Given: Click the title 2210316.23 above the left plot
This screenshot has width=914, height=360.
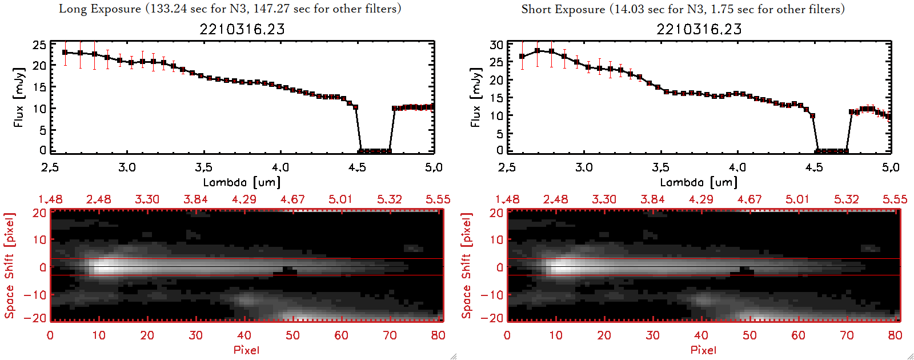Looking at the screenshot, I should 242,29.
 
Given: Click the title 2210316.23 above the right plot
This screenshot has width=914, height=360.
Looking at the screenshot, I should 699,29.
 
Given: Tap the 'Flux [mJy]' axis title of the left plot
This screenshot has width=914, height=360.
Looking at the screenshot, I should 19,98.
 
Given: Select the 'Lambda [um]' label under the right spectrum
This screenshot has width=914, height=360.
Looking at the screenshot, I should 699,182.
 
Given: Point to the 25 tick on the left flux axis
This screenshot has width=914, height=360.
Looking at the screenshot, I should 39,45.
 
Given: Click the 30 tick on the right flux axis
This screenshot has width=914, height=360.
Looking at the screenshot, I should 496,45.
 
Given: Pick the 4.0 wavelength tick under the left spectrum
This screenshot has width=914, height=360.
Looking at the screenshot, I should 280,167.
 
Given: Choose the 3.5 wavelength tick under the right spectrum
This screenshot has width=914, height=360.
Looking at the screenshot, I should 661,167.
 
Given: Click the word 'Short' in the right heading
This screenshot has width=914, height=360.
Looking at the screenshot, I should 536,9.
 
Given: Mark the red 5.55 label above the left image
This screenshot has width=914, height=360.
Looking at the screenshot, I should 438,199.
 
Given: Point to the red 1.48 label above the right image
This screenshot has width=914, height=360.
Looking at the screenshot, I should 507,199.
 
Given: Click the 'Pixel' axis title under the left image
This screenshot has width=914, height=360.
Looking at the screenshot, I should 246,350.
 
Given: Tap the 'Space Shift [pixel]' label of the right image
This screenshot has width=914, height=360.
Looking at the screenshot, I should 467,266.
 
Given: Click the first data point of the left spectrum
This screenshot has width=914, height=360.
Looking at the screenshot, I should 65,53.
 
